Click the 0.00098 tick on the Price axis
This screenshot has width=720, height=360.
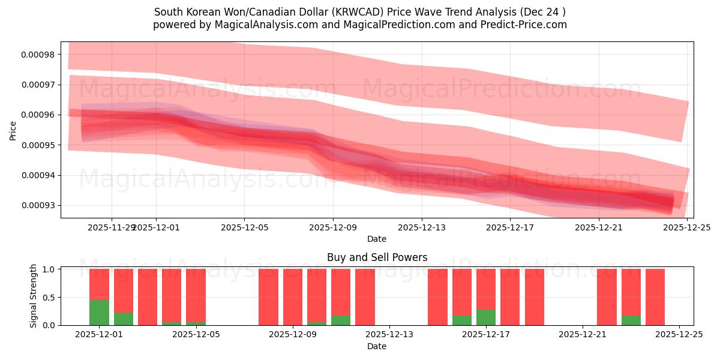coord(37,55)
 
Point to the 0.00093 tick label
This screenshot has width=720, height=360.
coord(37,206)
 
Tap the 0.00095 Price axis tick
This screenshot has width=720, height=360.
coord(37,145)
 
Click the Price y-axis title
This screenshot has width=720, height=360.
coord(13,130)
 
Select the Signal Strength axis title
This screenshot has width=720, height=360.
coord(34,296)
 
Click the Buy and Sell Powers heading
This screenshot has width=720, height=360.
coord(377,257)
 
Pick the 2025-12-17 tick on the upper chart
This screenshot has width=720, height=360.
coord(509,227)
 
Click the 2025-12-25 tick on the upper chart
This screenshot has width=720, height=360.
coord(686,227)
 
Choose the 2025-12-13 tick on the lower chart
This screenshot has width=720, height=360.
coord(389,335)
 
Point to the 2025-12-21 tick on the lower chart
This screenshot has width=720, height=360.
coord(583,335)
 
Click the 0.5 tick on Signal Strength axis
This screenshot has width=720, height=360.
coord(50,298)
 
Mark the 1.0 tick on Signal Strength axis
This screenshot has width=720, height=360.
coord(50,269)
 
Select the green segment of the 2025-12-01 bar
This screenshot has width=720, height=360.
coord(99,312)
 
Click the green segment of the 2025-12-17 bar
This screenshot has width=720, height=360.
coord(486,317)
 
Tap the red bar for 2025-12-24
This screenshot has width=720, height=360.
coord(655,297)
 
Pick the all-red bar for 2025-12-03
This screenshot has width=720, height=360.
coord(148,297)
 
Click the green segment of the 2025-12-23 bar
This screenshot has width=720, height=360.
coord(631,320)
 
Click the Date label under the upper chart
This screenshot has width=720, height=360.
coord(377,239)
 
